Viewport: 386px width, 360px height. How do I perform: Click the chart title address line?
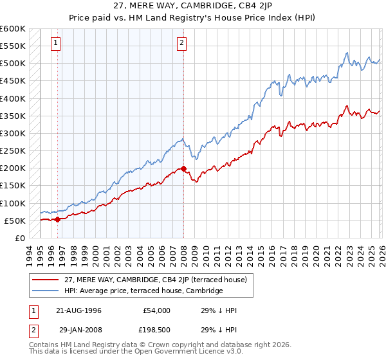click(193, 7)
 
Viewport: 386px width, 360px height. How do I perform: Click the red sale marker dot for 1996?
click(57, 219)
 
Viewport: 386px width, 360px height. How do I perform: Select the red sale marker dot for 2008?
click(184, 169)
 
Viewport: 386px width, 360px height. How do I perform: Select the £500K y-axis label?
click(13, 64)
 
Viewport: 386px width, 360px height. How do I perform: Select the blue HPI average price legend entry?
click(143, 291)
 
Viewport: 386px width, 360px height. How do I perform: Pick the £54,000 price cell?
click(154, 310)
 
